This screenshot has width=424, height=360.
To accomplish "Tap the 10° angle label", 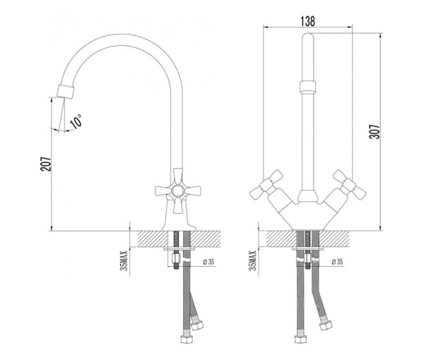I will [x=76, y=120].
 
